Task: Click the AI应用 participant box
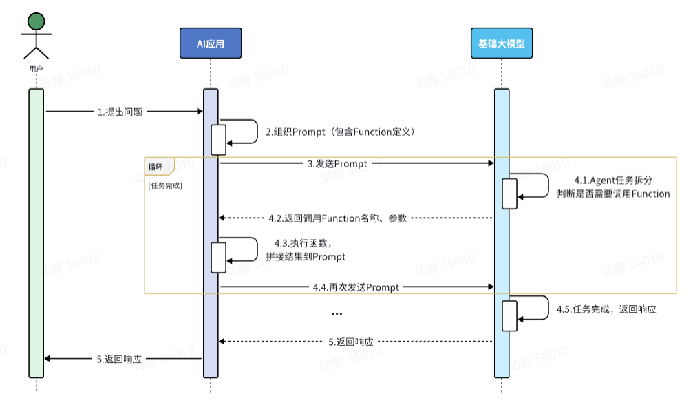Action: pos(211,43)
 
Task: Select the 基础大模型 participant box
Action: pos(502,43)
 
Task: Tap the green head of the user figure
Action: pos(36,21)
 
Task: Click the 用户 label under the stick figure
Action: pos(36,69)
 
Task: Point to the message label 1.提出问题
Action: pos(120,112)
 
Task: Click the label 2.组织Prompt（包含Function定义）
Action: pos(340,132)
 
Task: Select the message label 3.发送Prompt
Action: pos(337,164)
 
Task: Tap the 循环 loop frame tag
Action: pos(157,165)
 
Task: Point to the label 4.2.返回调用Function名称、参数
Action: pos(337,218)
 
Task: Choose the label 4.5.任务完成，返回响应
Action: pos(606,309)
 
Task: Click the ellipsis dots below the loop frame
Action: pos(337,314)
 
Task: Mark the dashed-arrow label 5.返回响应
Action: pos(351,342)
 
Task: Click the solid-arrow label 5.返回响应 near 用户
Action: pos(119,359)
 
